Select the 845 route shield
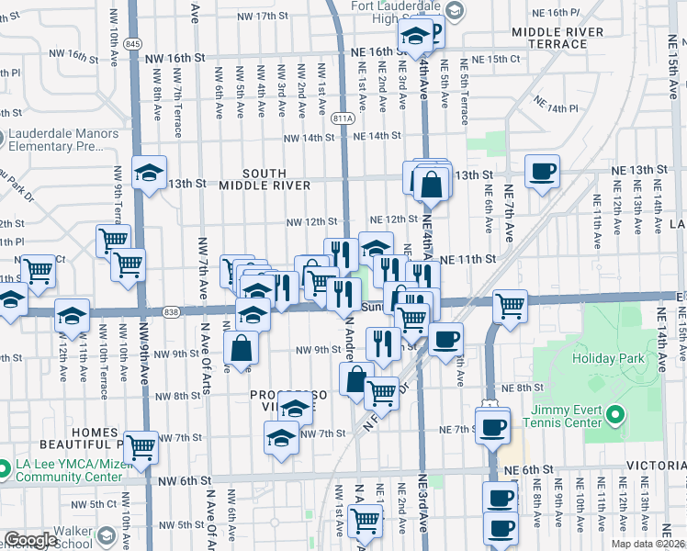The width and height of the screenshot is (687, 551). click(x=135, y=44)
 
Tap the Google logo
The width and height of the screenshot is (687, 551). click(x=30, y=540)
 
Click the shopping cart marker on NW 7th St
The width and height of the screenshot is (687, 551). click(x=141, y=447)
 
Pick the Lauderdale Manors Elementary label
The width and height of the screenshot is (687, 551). click(x=62, y=140)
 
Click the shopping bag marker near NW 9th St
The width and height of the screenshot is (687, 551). click(x=242, y=348)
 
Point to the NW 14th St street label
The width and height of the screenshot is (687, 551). click(x=309, y=137)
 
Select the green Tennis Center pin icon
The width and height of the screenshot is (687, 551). click(x=614, y=421)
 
